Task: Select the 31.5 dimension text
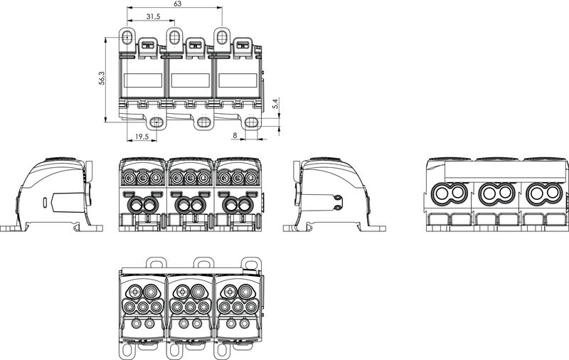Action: [149, 16]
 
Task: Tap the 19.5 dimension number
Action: [142, 137]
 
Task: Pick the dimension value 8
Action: [234, 134]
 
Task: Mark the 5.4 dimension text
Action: [275, 103]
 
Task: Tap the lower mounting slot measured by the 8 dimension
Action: [251, 122]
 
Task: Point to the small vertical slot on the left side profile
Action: [46, 202]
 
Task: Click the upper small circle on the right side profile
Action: [335, 198]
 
